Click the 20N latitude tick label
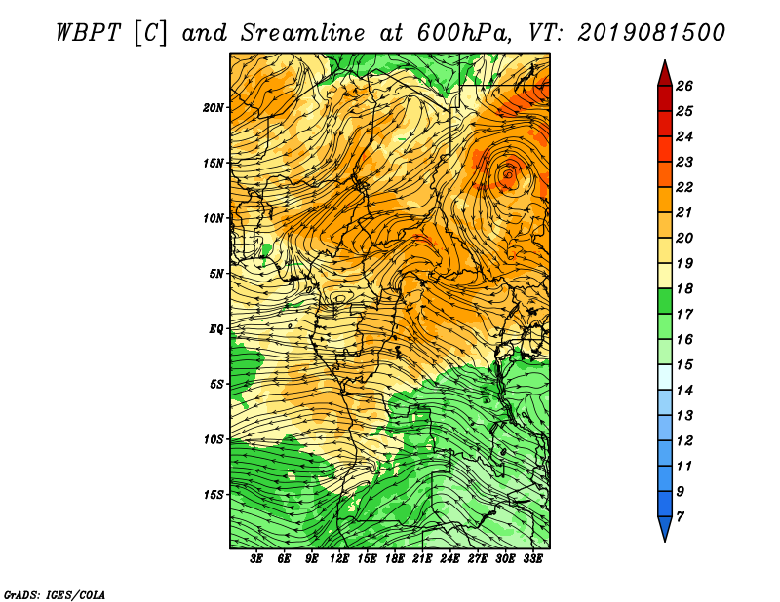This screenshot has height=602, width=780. tap(213, 108)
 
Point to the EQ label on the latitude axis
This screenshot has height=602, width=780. tap(216, 329)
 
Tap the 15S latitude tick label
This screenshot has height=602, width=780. tap(214, 495)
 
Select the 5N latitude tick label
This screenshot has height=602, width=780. tap(216, 274)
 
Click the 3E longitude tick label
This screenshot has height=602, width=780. tap(256, 559)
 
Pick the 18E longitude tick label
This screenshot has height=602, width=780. tap(395, 559)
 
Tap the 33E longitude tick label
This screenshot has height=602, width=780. tap(532, 559)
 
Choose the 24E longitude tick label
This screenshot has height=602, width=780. tap(449, 559)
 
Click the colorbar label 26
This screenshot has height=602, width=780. tap(684, 86)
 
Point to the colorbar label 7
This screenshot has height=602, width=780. tap(680, 517)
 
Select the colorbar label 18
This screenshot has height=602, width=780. tap(684, 288)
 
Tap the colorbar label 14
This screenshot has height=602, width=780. tap(684, 391)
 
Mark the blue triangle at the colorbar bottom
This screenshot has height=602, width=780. tap(665, 527)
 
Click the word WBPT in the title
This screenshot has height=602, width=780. tap(88, 33)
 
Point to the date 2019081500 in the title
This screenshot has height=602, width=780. tap(651, 33)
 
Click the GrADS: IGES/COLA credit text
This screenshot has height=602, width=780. tap(55, 595)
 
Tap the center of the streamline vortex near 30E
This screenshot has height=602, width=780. tap(508, 174)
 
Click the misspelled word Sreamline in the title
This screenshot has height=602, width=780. tap(303, 33)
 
